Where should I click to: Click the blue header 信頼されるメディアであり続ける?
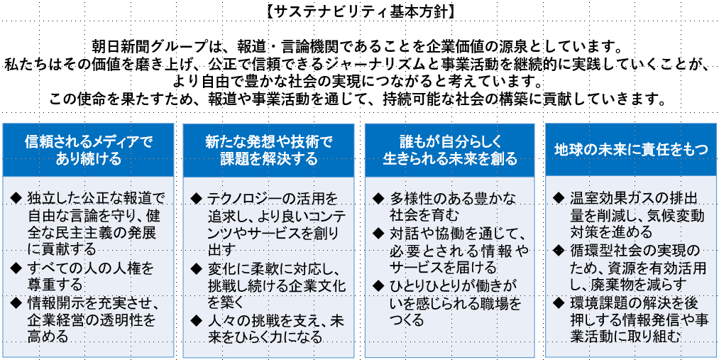[x=88, y=149]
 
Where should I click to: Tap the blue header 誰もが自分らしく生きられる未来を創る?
[x=450, y=149]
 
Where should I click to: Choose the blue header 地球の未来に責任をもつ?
[x=631, y=149]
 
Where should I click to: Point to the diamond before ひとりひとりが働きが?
[x=378, y=285]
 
